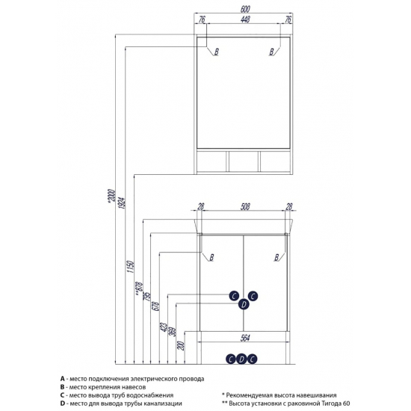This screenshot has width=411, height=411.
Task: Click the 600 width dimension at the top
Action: (245, 9)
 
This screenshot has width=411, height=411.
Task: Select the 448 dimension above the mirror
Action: (245, 19)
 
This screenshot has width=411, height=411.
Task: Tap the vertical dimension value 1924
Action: (123, 203)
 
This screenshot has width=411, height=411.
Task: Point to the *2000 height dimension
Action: (112, 195)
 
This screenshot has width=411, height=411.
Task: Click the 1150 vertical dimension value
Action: (131, 267)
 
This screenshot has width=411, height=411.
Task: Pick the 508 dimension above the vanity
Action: (245, 206)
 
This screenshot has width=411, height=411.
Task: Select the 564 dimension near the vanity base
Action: (245, 338)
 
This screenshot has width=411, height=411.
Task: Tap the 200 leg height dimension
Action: (181, 345)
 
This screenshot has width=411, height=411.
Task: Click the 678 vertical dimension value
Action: (155, 306)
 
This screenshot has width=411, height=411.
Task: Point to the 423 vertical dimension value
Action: (164, 327)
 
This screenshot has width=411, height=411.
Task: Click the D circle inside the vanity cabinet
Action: (244, 304)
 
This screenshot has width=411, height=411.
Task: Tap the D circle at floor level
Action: (241, 359)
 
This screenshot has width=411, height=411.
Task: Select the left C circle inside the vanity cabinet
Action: (234, 296)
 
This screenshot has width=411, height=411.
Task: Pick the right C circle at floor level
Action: (252, 359)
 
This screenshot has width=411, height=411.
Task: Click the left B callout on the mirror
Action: (216, 52)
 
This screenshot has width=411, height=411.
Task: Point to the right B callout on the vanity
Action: (276, 257)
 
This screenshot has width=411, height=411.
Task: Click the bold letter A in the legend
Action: (62, 379)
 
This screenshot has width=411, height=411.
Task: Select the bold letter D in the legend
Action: (62, 404)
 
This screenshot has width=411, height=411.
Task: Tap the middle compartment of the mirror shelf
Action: (244, 161)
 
